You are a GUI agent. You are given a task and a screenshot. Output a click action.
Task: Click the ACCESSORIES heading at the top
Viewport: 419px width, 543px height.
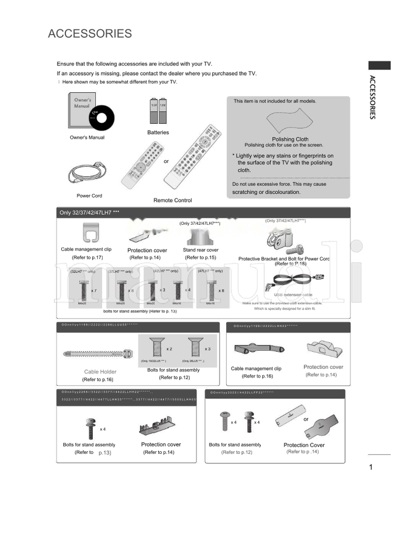90,34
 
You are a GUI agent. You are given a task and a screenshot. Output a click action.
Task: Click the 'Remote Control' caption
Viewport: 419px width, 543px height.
172,200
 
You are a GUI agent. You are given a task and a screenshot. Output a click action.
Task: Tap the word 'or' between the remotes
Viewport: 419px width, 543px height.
166,161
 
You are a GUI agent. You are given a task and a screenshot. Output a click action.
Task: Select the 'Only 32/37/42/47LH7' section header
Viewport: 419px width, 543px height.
90,212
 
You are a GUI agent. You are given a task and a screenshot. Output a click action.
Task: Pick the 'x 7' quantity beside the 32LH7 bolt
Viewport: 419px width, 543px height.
94,290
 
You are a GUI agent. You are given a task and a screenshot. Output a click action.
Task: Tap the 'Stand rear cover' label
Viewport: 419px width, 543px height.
201,250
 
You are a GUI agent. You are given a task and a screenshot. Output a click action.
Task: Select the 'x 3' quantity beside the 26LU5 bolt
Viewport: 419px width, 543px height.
207,349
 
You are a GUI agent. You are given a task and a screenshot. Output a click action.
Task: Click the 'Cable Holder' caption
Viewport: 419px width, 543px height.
100,372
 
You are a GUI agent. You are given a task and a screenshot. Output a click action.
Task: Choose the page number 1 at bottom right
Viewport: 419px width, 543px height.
370,467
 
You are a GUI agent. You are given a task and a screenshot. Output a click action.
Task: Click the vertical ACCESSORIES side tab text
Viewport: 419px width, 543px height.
372,97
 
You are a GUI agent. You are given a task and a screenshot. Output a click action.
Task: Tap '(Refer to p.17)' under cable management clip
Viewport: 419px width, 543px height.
87,257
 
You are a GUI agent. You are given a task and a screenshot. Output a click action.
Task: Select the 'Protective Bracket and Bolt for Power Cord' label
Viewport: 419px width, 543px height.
284,259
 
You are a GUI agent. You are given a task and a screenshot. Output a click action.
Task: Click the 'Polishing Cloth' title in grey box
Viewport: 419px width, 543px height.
290,139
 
